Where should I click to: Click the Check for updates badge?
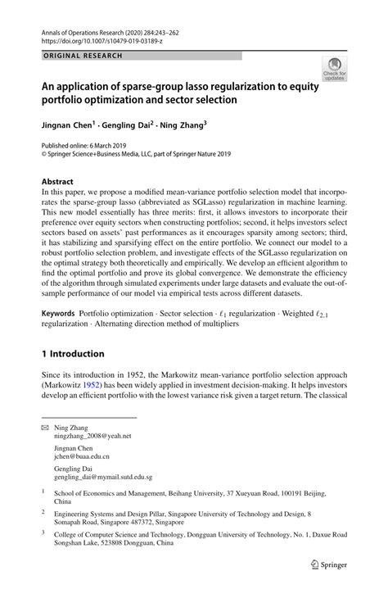[333, 70]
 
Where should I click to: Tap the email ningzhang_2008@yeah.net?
[92, 436]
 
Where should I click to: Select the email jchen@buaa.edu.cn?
[81, 458]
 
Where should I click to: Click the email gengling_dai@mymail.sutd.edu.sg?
[103, 477]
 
